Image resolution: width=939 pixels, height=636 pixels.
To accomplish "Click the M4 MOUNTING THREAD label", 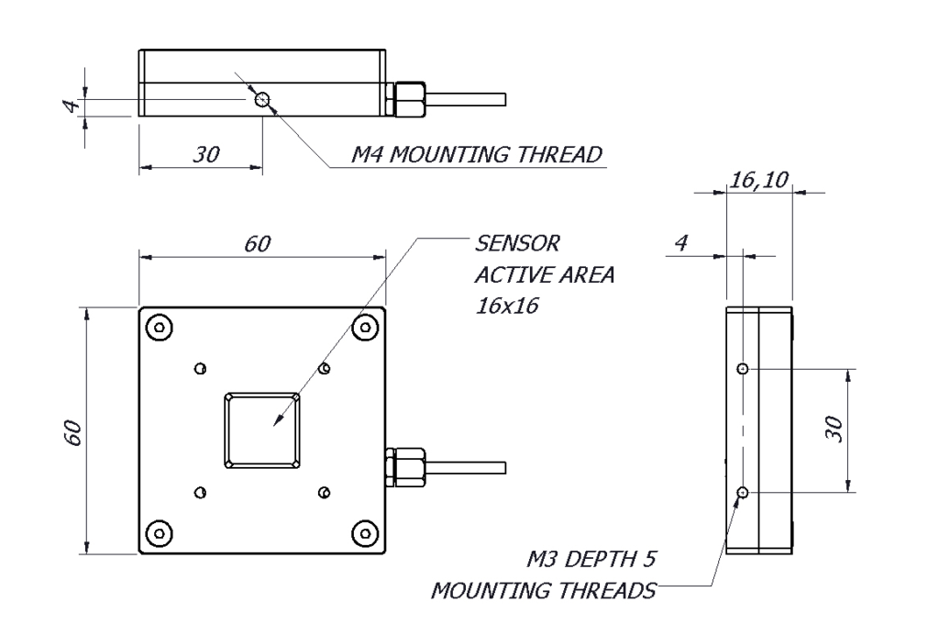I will point(478,154).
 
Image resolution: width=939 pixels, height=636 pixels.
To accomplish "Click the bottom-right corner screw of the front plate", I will point(364,532).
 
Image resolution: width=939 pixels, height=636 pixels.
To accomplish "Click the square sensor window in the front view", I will point(262,430).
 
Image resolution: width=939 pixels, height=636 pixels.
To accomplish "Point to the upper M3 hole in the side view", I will point(742,368).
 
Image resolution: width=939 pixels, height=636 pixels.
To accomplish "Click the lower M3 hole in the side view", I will point(742,493).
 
